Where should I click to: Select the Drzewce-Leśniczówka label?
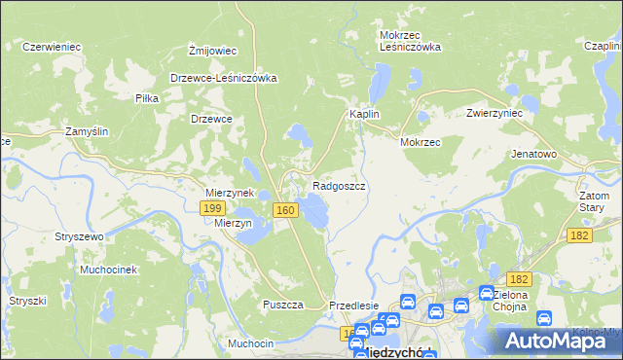(224, 78)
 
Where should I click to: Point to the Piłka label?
(147, 98)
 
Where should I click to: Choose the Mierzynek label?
(230, 193)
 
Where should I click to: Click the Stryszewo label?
(80, 236)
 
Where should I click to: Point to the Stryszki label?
(28, 301)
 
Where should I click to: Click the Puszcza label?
(283, 305)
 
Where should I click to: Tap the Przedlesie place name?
(353, 305)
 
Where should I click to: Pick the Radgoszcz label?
(339, 185)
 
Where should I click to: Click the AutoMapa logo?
(551, 340)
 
